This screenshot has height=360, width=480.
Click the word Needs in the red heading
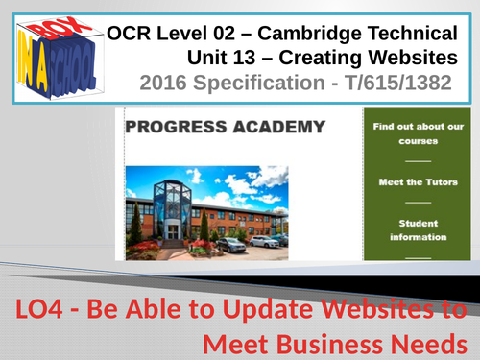(436, 344)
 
